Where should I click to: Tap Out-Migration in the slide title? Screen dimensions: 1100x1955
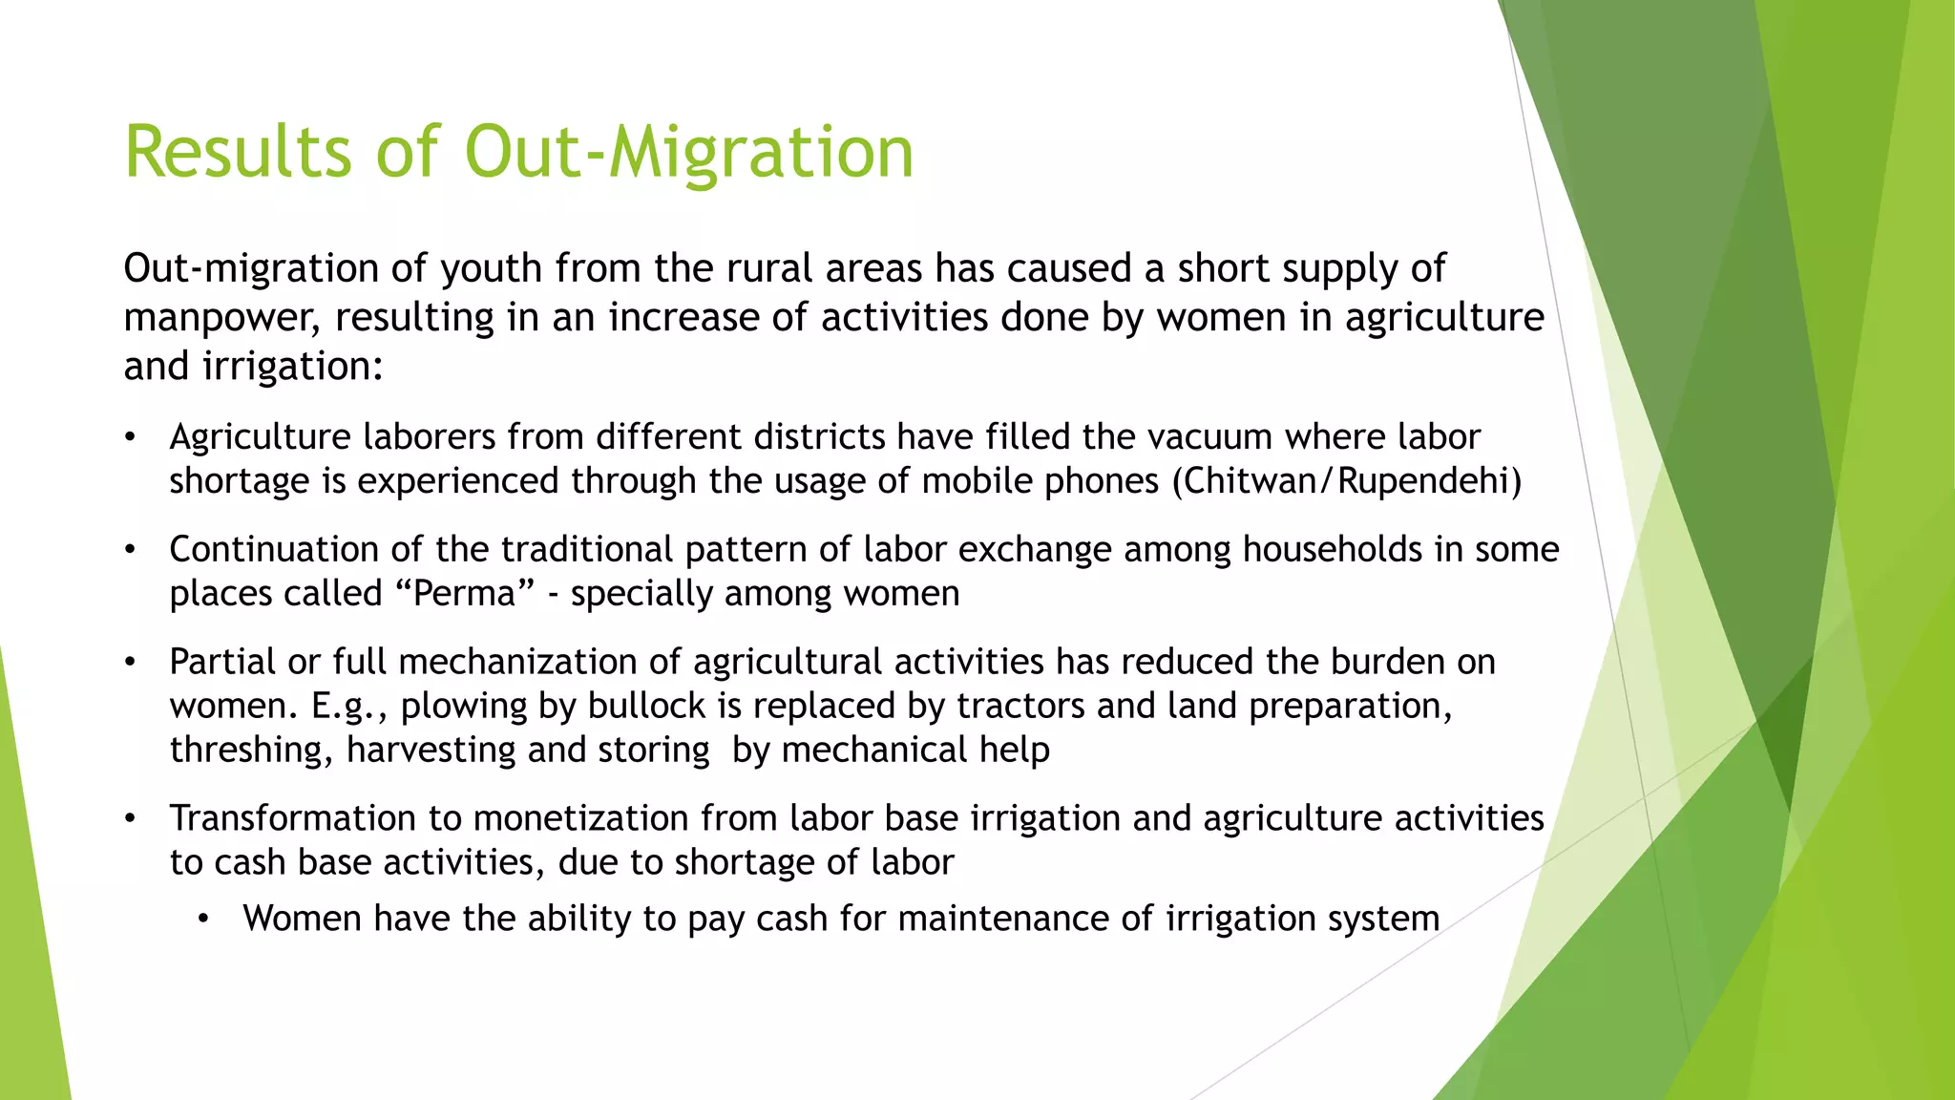click(689, 152)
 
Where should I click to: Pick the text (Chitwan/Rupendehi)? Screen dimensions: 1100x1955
click(1347, 480)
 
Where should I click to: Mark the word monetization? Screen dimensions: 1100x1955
click(580, 818)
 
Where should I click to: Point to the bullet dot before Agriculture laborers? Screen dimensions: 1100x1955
click(131, 438)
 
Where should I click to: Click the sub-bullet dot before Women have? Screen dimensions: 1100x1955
click(203, 920)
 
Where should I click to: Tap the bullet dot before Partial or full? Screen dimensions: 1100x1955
click(131, 663)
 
